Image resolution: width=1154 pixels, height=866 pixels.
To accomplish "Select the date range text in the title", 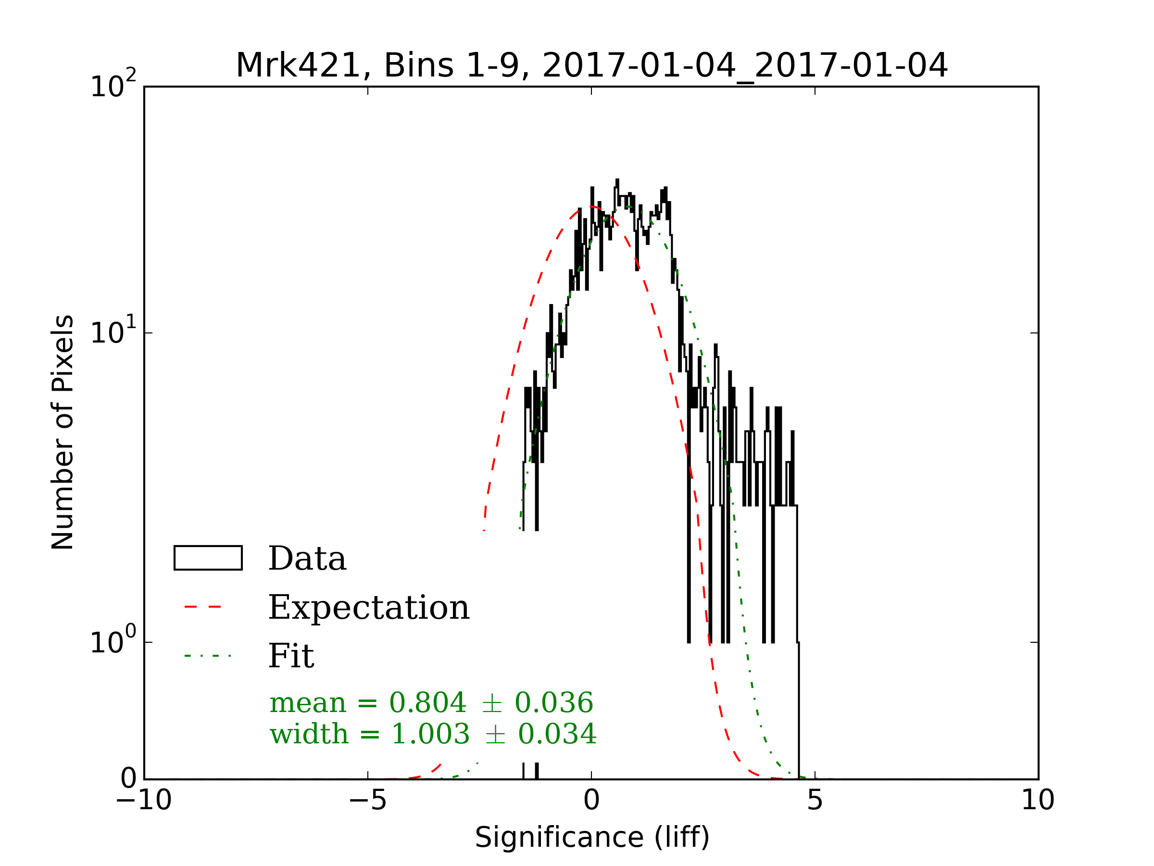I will click(744, 66).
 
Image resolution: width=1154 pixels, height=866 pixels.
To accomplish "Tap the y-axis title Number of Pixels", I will click(63, 432).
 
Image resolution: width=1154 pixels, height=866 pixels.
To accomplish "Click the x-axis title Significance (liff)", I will click(592, 837).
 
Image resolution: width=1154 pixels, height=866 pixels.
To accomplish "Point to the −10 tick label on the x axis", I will click(143, 800).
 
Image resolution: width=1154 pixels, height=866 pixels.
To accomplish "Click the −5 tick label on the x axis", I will click(367, 800).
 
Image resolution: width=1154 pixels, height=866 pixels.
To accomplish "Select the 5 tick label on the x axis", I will click(815, 800).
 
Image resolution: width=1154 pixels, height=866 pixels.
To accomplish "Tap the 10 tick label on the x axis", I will click(1038, 800).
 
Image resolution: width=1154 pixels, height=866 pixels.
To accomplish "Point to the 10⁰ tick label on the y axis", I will click(113, 641).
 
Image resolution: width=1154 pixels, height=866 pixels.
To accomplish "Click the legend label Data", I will click(307, 559).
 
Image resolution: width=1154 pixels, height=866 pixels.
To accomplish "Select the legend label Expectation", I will click(369, 608).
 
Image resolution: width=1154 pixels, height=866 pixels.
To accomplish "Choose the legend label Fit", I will click(291, 656).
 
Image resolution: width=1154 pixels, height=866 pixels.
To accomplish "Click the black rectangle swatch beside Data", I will click(208, 558).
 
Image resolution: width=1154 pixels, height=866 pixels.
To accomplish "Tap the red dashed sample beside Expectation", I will click(203, 607).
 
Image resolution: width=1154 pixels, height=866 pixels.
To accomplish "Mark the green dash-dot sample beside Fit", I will click(208, 656).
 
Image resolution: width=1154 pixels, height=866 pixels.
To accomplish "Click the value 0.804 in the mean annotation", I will click(428, 702).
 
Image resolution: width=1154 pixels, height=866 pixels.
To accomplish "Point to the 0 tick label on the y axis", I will click(128, 779).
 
